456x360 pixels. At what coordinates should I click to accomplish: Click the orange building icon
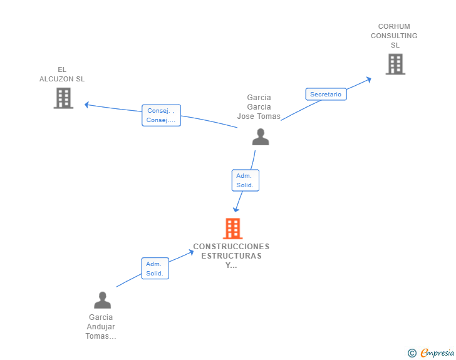point(232,229)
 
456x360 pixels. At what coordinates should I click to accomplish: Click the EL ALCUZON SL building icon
point(63,98)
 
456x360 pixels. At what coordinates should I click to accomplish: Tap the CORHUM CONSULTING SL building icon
point(395,64)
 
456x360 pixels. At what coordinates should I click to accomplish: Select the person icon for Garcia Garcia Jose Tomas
point(261,136)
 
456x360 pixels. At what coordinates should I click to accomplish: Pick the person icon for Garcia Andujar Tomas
point(102,300)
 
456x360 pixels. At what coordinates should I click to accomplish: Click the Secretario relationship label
point(326,94)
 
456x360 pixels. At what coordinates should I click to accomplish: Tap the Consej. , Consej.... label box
point(161,115)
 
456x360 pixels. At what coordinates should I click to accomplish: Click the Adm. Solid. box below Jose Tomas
point(245,180)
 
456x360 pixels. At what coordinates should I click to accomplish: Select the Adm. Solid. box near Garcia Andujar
point(155,269)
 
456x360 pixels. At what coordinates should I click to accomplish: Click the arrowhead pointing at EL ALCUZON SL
point(86,105)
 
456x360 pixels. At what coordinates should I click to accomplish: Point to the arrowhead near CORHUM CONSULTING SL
point(369,79)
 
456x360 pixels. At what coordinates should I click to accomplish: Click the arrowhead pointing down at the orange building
point(236,209)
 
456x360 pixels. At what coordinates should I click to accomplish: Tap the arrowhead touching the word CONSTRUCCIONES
point(191,252)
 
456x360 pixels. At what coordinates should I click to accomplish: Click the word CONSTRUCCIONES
point(231,247)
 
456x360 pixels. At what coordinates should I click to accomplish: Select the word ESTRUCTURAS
point(231,256)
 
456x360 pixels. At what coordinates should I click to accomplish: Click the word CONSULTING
point(394,36)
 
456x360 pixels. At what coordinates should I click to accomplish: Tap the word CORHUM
point(394,26)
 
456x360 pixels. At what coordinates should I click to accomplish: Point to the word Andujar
point(101,327)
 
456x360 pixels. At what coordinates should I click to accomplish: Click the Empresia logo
point(431,352)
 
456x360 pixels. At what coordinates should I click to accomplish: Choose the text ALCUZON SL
point(62,79)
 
